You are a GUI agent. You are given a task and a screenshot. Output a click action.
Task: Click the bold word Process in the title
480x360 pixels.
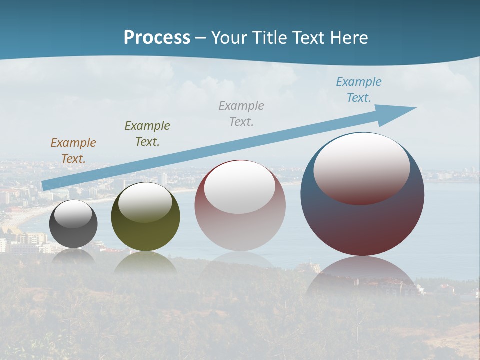pyautogui.click(x=157, y=38)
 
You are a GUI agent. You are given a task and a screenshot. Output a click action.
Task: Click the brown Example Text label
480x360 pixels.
pyautogui.click(x=73, y=151)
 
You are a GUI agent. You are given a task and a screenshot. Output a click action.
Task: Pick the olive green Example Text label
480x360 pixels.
pyautogui.click(x=147, y=133)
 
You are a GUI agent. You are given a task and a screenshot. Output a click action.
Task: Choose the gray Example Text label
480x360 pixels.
pyautogui.click(x=241, y=113)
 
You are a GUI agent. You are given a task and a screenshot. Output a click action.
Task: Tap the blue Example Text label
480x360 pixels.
pyautogui.click(x=358, y=90)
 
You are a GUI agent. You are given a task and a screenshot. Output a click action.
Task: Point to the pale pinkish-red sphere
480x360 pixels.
pyautogui.click(x=240, y=230)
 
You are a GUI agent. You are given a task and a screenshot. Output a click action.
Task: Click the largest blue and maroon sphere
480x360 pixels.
pyautogui.click(x=362, y=225)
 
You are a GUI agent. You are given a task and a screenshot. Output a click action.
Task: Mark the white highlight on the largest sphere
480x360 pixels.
pyautogui.click(x=362, y=167)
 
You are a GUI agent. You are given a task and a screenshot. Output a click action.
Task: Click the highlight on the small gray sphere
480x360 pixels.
pyautogui.click(x=73, y=214)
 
